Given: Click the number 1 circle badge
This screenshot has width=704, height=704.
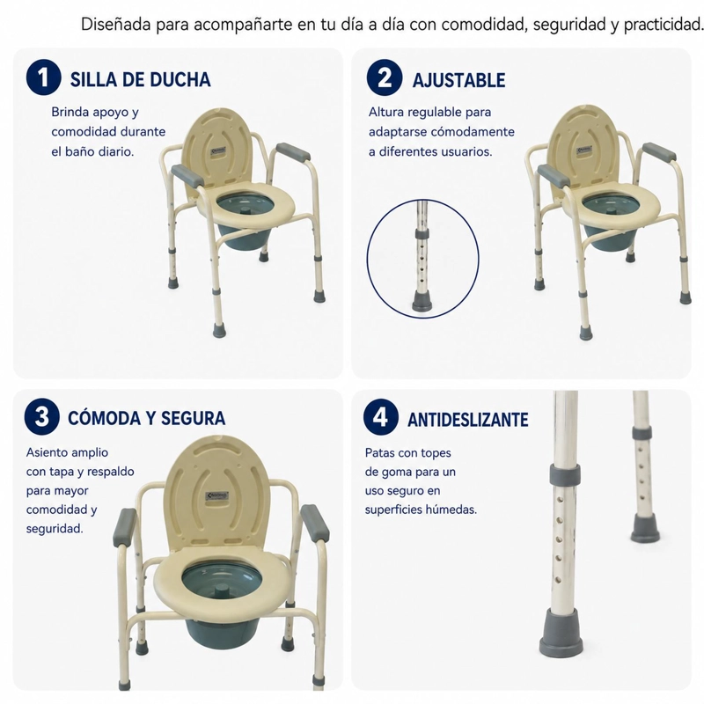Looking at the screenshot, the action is [x=43, y=77].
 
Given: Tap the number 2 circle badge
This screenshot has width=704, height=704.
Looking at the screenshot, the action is [x=385, y=77].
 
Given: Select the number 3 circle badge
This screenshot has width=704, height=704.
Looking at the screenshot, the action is [x=41, y=416].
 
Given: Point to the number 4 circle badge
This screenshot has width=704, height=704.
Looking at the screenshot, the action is [x=381, y=416].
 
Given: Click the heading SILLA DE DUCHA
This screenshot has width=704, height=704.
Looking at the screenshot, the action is [x=140, y=79].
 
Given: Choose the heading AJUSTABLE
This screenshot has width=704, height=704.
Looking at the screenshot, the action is [x=458, y=80].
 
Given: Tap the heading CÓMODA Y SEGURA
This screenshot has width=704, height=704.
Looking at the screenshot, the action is [x=146, y=418].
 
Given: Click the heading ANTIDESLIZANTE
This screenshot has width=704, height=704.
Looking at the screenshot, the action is [x=468, y=420].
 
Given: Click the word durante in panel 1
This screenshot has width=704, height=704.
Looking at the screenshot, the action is [x=143, y=131].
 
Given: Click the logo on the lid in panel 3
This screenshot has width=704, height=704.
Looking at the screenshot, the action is [x=217, y=496].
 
